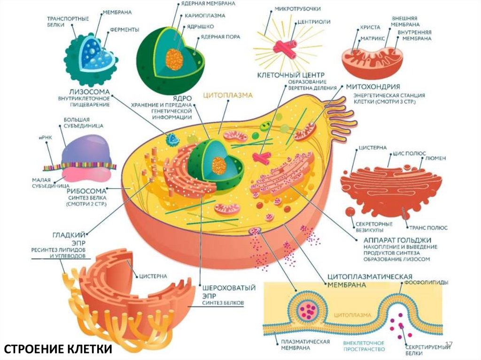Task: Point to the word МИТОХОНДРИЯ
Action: coord(373,87)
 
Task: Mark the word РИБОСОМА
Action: coord(85,191)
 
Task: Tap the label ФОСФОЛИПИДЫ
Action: coord(428,282)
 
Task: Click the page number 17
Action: coord(448,345)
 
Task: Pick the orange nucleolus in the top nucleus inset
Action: coord(174,60)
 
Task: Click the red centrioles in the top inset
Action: coord(286,48)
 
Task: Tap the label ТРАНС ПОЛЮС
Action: coord(427,227)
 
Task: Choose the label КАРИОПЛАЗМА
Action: coord(205,15)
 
